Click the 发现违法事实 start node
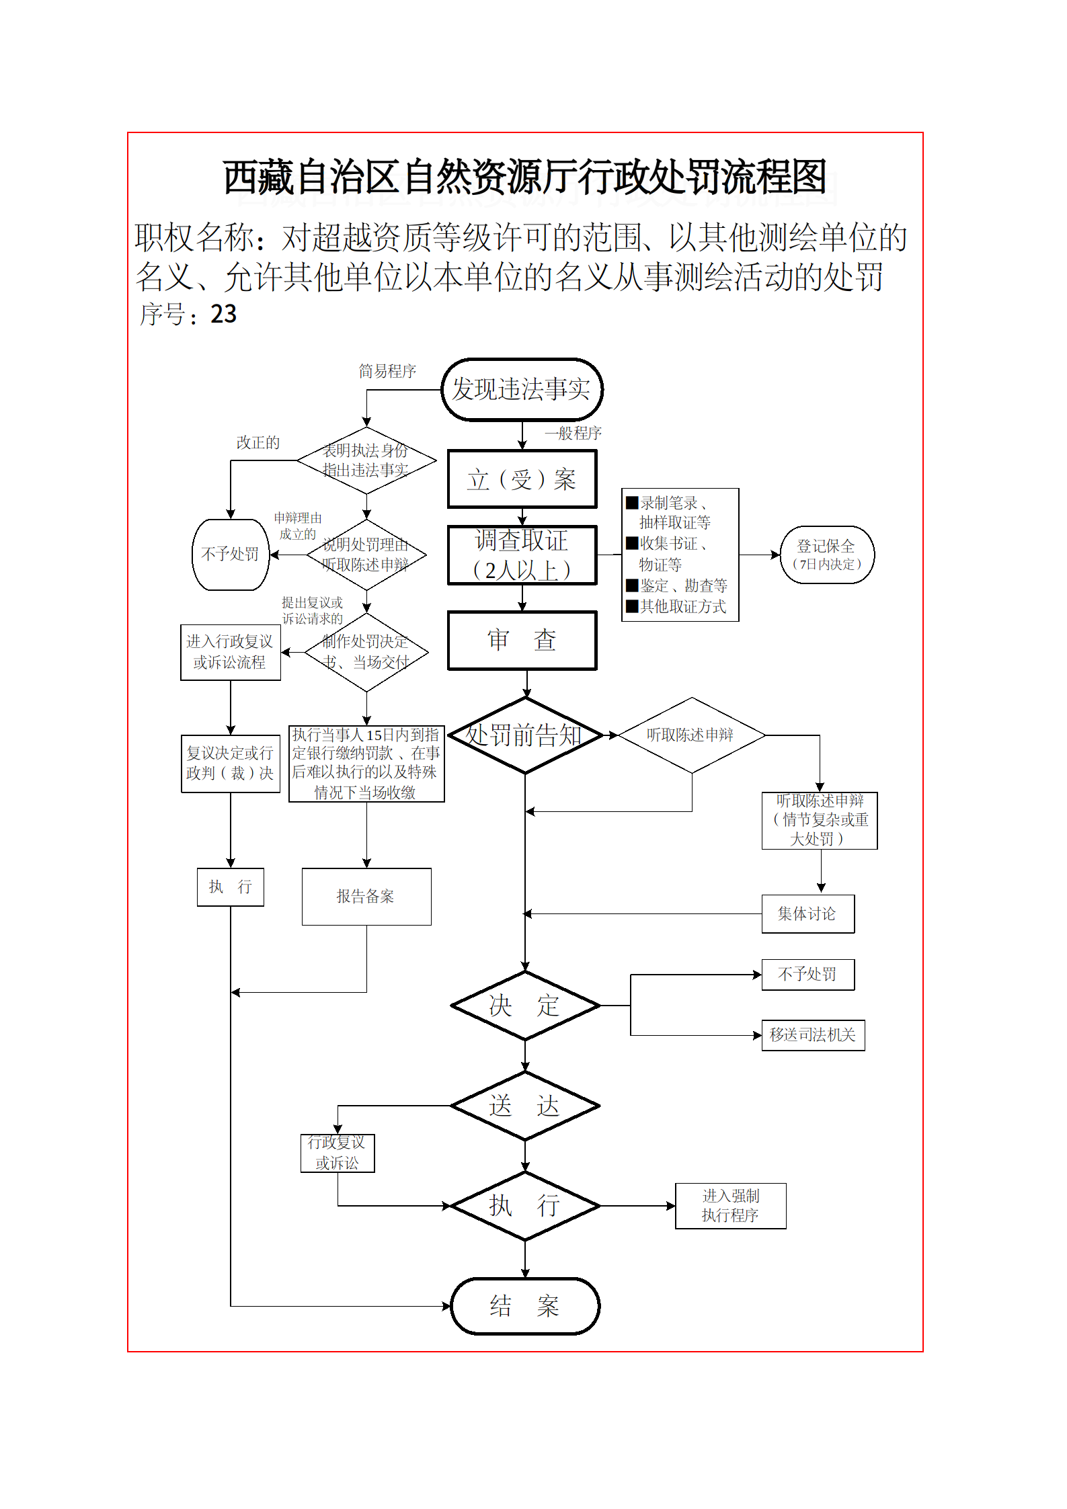522,390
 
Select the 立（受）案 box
522,479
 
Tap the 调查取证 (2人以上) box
522,555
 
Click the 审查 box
522,641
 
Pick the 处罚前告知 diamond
524,735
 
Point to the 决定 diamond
524,1006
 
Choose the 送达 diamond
524,1106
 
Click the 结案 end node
524,1306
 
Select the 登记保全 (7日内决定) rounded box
827,555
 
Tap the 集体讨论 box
807,914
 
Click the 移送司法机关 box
813,1035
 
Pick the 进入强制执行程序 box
730,1206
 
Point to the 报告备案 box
366,897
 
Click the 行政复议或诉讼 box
338,1153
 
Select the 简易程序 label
387,371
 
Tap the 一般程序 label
574,433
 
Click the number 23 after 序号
224,314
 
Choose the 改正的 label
258,443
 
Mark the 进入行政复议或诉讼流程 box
231,652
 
